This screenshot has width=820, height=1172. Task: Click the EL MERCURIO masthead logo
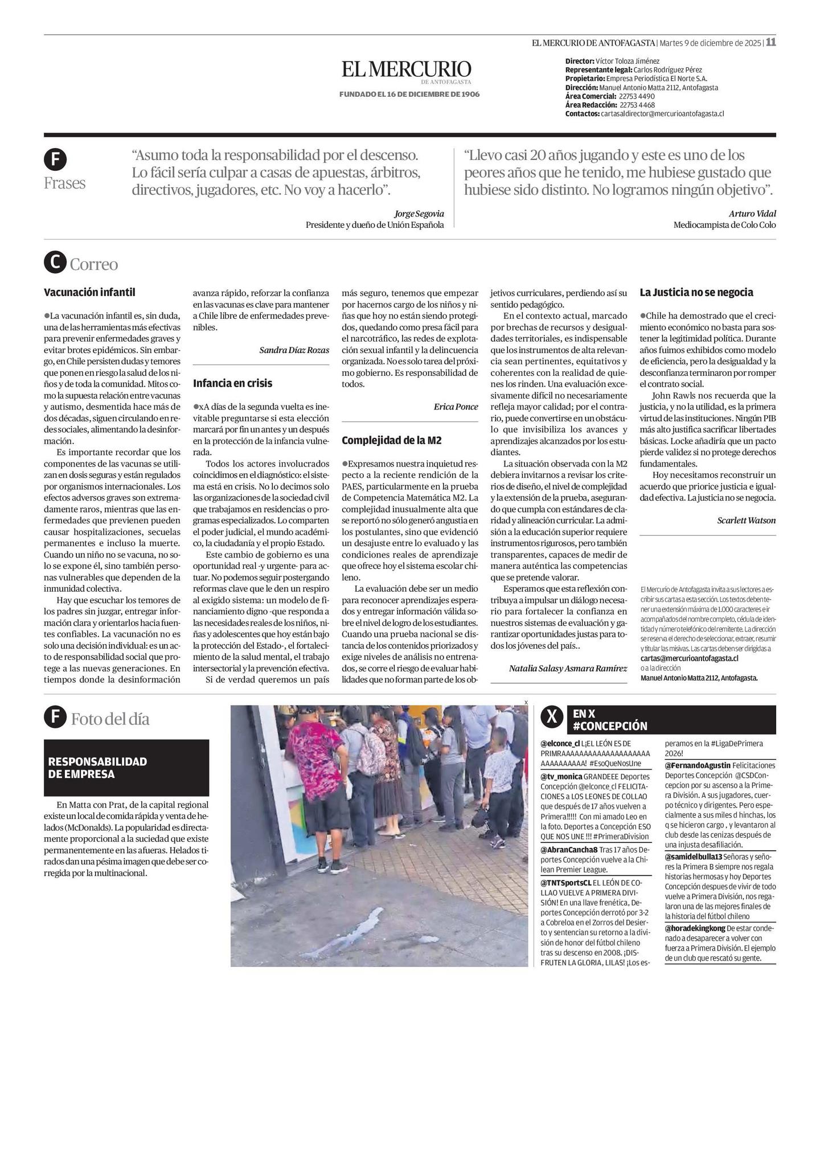407,70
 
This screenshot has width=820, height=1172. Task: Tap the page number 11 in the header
770,42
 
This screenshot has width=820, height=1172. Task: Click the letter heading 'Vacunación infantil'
89,293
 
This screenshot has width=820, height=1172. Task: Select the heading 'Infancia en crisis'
232,383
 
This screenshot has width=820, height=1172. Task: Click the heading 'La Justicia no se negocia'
696,293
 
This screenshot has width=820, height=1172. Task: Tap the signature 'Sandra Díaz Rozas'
294,350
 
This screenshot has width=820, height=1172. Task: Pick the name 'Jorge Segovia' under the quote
419,214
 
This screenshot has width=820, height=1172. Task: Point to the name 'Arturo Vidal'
752,214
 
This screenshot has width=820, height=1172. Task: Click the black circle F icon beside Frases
55,160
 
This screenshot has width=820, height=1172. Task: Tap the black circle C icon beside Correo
55,263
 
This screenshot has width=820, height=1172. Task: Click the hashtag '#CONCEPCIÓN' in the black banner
610,726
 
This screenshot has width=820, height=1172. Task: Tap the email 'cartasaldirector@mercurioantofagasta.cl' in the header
662,114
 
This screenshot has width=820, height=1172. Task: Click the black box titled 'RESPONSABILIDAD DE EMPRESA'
126,768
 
